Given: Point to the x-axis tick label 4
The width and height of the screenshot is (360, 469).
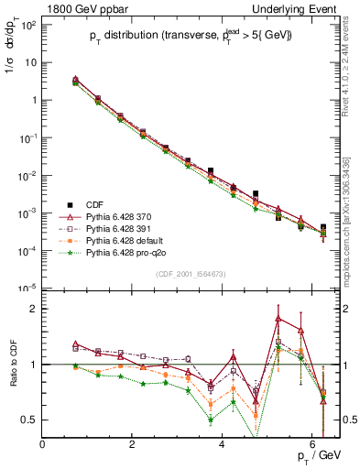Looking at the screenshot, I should tap(223, 444).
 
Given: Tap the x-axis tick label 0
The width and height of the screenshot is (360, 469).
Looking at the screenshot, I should tap(43, 444).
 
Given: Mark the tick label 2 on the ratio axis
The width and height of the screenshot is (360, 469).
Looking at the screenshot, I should tap(34, 309).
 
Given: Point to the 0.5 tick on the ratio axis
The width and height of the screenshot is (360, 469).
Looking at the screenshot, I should tap(29, 420).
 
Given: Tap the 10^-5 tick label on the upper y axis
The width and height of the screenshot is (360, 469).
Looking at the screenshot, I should tap(27, 288).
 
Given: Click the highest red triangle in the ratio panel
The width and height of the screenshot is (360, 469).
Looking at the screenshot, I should tap(278, 319).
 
